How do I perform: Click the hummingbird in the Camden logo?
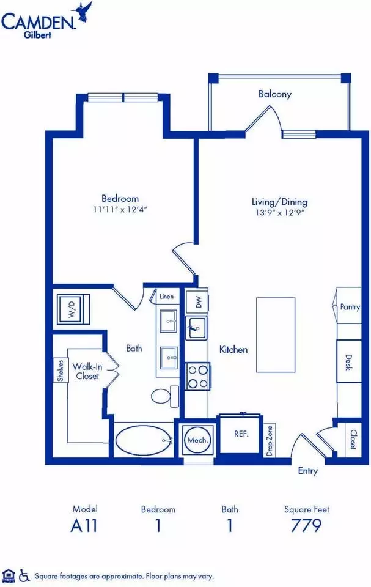tap(83, 11)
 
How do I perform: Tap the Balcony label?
tap(275, 94)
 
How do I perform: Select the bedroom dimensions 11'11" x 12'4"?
tap(120, 209)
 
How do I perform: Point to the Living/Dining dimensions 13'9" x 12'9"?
tap(280, 213)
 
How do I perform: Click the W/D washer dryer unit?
tap(73, 309)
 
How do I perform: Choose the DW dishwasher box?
tap(197, 301)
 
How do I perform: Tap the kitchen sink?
tap(196, 328)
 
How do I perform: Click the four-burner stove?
tap(198, 377)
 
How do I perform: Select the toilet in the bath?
tap(166, 396)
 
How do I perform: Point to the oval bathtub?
tap(143, 440)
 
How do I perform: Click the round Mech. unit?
tap(197, 440)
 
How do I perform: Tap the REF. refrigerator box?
tap(241, 434)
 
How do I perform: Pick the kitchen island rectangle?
tap(276, 334)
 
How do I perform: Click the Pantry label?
tap(350, 307)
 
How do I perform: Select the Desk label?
tap(348, 362)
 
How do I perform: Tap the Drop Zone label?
tap(270, 441)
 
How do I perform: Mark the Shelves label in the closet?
tap(61, 371)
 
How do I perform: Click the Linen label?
tap(167, 297)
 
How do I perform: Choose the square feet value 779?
tap(306, 525)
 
